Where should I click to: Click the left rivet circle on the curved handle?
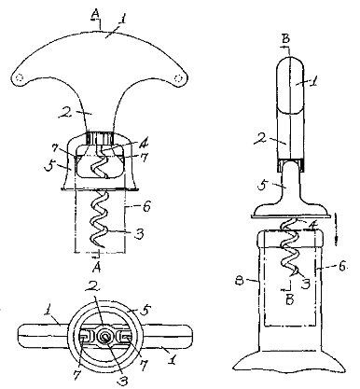point(20,77)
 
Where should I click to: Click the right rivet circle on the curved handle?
point(178,77)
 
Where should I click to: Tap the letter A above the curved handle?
point(96,13)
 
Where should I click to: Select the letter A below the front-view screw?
point(97,268)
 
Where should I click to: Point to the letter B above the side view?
point(286,39)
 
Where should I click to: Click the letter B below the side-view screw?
point(290,300)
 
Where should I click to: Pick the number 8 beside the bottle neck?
point(239,281)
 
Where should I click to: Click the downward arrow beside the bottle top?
point(337,228)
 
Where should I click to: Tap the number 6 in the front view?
point(146,206)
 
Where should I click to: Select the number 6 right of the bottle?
point(342,267)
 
